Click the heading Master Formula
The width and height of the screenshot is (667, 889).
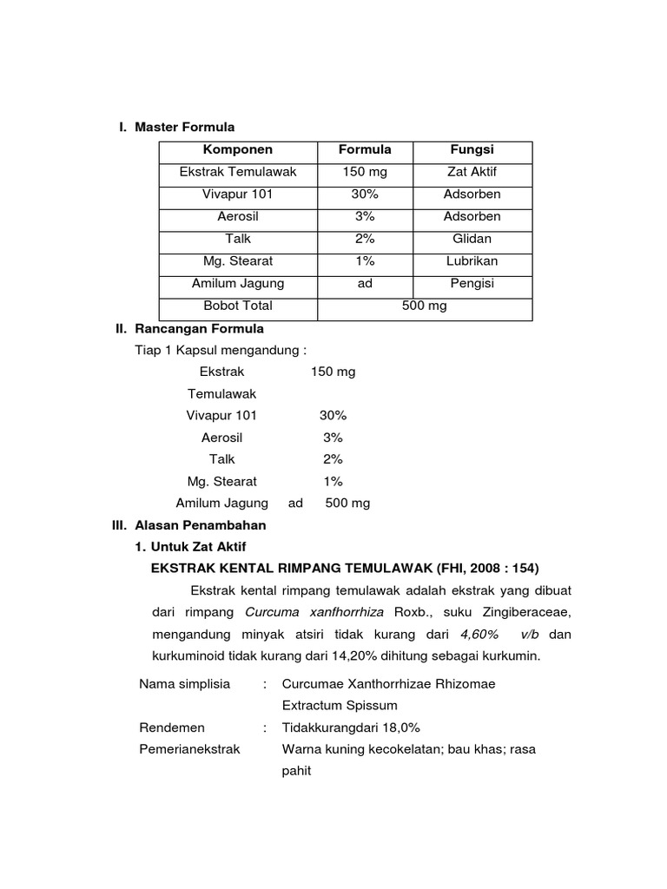pyautogui.click(x=184, y=128)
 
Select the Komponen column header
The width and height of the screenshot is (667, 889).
pyautogui.click(x=238, y=149)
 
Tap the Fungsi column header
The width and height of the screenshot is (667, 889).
pyautogui.click(x=472, y=149)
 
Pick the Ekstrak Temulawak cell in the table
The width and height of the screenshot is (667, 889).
pyautogui.click(x=238, y=172)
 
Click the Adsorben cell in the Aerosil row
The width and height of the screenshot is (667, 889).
pyautogui.click(x=472, y=216)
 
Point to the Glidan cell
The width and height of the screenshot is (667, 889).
pyautogui.click(x=472, y=239)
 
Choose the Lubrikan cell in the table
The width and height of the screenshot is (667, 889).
pyautogui.click(x=472, y=260)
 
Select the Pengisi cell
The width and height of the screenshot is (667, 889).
pyautogui.click(x=472, y=283)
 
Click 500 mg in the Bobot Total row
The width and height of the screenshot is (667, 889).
pyautogui.click(x=424, y=306)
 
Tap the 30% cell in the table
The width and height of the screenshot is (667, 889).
pyautogui.click(x=365, y=194)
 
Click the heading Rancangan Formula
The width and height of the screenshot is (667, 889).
pyautogui.click(x=199, y=329)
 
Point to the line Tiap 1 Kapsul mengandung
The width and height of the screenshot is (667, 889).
pyautogui.click(x=221, y=350)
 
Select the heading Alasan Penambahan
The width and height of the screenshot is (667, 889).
pyautogui.click(x=200, y=525)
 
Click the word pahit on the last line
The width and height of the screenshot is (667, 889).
pyautogui.click(x=296, y=770)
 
